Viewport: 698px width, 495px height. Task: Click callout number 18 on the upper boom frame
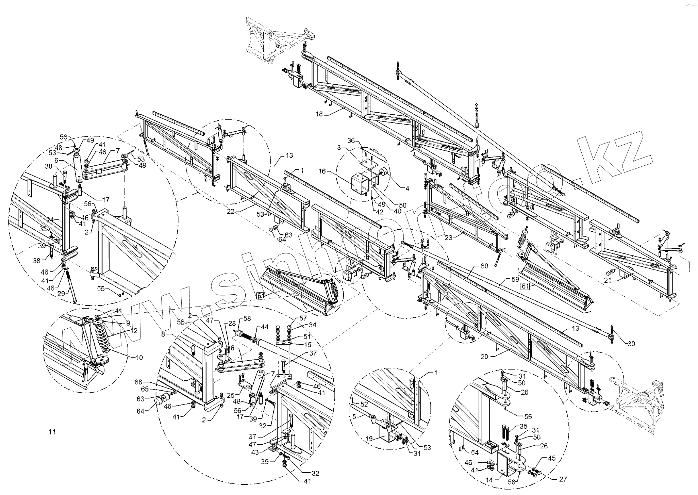point(319,114)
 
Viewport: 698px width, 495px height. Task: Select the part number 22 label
point(231,211)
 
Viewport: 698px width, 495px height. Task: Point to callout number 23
point(448,238)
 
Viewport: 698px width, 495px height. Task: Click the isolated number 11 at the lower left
point(52,432)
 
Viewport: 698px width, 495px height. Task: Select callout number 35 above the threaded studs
point(523,427)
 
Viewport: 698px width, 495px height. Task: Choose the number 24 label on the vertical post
point(50,220)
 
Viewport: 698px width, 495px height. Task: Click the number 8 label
point(163,334)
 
